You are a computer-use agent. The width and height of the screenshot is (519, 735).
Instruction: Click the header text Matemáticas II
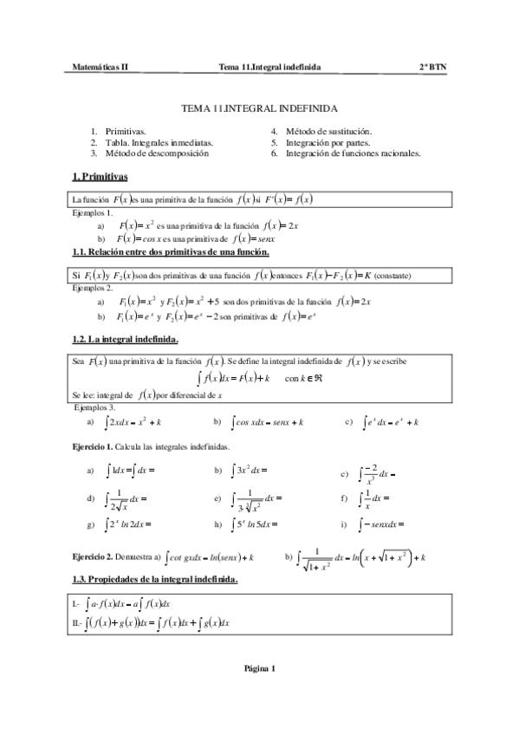point(100,66)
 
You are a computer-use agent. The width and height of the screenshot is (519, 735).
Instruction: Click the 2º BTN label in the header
point(432,66)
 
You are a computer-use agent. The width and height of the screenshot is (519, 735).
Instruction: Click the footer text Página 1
point(259,668)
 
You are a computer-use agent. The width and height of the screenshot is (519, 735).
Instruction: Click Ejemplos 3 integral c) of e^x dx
point(390,422)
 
